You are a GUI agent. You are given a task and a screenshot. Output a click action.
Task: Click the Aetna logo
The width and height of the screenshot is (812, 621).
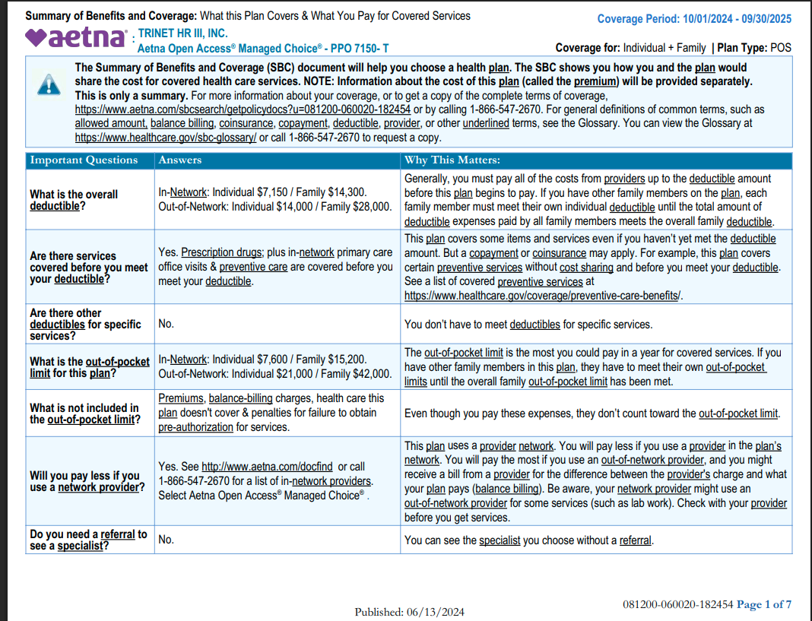[76, 37]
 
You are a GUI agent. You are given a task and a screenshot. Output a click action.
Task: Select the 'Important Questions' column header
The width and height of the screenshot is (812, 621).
[84, 160]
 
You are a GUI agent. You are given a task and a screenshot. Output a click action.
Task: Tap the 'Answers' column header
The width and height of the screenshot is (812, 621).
[179, 160]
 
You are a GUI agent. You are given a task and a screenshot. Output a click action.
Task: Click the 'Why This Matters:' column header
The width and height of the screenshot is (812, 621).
[452, 160]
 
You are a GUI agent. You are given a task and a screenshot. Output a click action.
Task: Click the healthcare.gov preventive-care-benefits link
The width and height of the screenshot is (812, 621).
[543, 296]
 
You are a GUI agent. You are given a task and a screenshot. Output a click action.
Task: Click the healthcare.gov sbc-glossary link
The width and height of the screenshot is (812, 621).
[165, 138]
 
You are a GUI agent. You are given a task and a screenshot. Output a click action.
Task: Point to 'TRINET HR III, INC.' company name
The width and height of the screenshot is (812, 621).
[182, 34]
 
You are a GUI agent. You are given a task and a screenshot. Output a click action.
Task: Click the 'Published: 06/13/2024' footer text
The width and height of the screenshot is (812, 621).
[409, 612]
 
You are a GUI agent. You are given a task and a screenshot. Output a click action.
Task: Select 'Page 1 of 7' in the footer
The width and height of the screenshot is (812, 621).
[763, 604]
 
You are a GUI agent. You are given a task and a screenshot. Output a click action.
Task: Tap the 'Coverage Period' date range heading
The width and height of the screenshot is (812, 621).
[693, 19]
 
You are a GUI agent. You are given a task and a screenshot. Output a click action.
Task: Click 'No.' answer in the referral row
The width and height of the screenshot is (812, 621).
[166, 540]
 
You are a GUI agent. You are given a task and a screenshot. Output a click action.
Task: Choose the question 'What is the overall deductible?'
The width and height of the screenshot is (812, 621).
[74, 200]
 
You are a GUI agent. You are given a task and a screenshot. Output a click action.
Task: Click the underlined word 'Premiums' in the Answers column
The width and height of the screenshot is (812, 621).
[181, 398]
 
